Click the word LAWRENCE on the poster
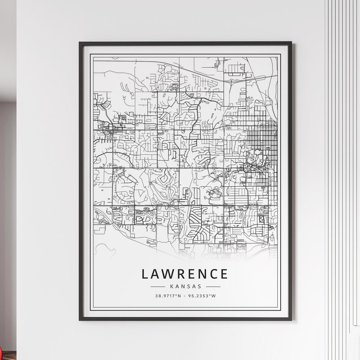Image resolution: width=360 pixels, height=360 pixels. tap(185, 274)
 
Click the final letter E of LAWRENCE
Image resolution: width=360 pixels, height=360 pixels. tap(223, 274)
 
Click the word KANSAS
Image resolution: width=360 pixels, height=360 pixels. tap(185, 286)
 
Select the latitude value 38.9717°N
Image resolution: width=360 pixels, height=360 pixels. tap(167, 296)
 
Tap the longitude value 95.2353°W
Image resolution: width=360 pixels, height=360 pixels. tap(202, 296)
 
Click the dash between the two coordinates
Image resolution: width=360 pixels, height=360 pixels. tap(184, 296)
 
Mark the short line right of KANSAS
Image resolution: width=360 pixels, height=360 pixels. tap(212, 286)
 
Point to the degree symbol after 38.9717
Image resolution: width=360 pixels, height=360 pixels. tap(176, 295)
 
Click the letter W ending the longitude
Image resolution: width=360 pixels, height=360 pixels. tap(214, 296)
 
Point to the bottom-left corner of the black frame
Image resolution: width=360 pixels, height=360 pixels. tap(80, 319)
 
